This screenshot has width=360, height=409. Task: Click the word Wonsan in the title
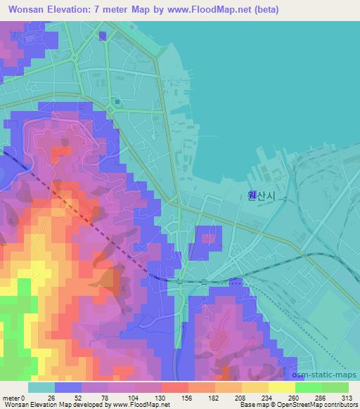click(24, 9)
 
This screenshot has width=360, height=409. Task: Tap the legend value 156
click(188, 398)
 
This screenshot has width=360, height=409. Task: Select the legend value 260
click(295, 398)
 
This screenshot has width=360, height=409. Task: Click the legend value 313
click(348, 398)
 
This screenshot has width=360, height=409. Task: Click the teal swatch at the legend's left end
click(41, 387)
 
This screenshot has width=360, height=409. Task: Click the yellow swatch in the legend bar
click(281, 387)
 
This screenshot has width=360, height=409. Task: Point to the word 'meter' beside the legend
click(11, 398)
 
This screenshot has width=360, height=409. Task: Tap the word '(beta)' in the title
click(262, 9)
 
